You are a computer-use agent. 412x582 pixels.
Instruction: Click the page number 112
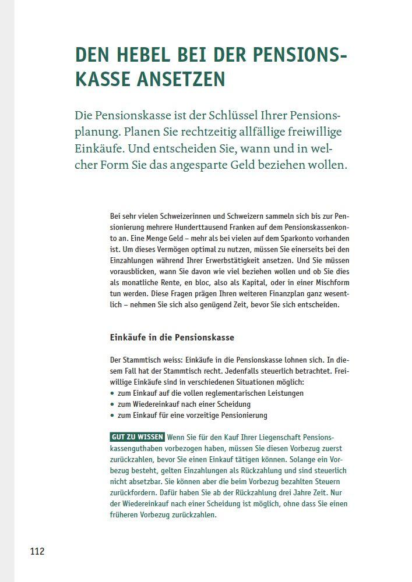pos(37,551)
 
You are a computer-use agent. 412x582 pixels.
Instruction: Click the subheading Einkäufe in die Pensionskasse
pos(172,338)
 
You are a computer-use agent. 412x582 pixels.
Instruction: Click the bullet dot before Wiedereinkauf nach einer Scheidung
pos(112,404)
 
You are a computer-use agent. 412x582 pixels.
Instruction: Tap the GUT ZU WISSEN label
pos(137,437)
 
